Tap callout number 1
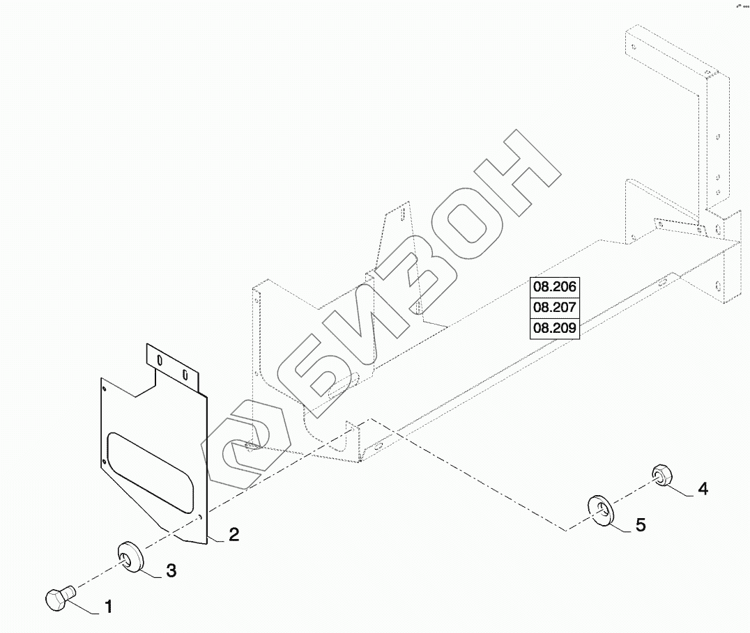108,607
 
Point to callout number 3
170,572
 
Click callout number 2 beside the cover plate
234,534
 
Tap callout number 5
640,524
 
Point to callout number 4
703,489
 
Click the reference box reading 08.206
556,287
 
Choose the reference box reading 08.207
556,307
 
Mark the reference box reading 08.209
556,327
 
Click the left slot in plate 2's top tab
160,362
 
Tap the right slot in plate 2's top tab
185,375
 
